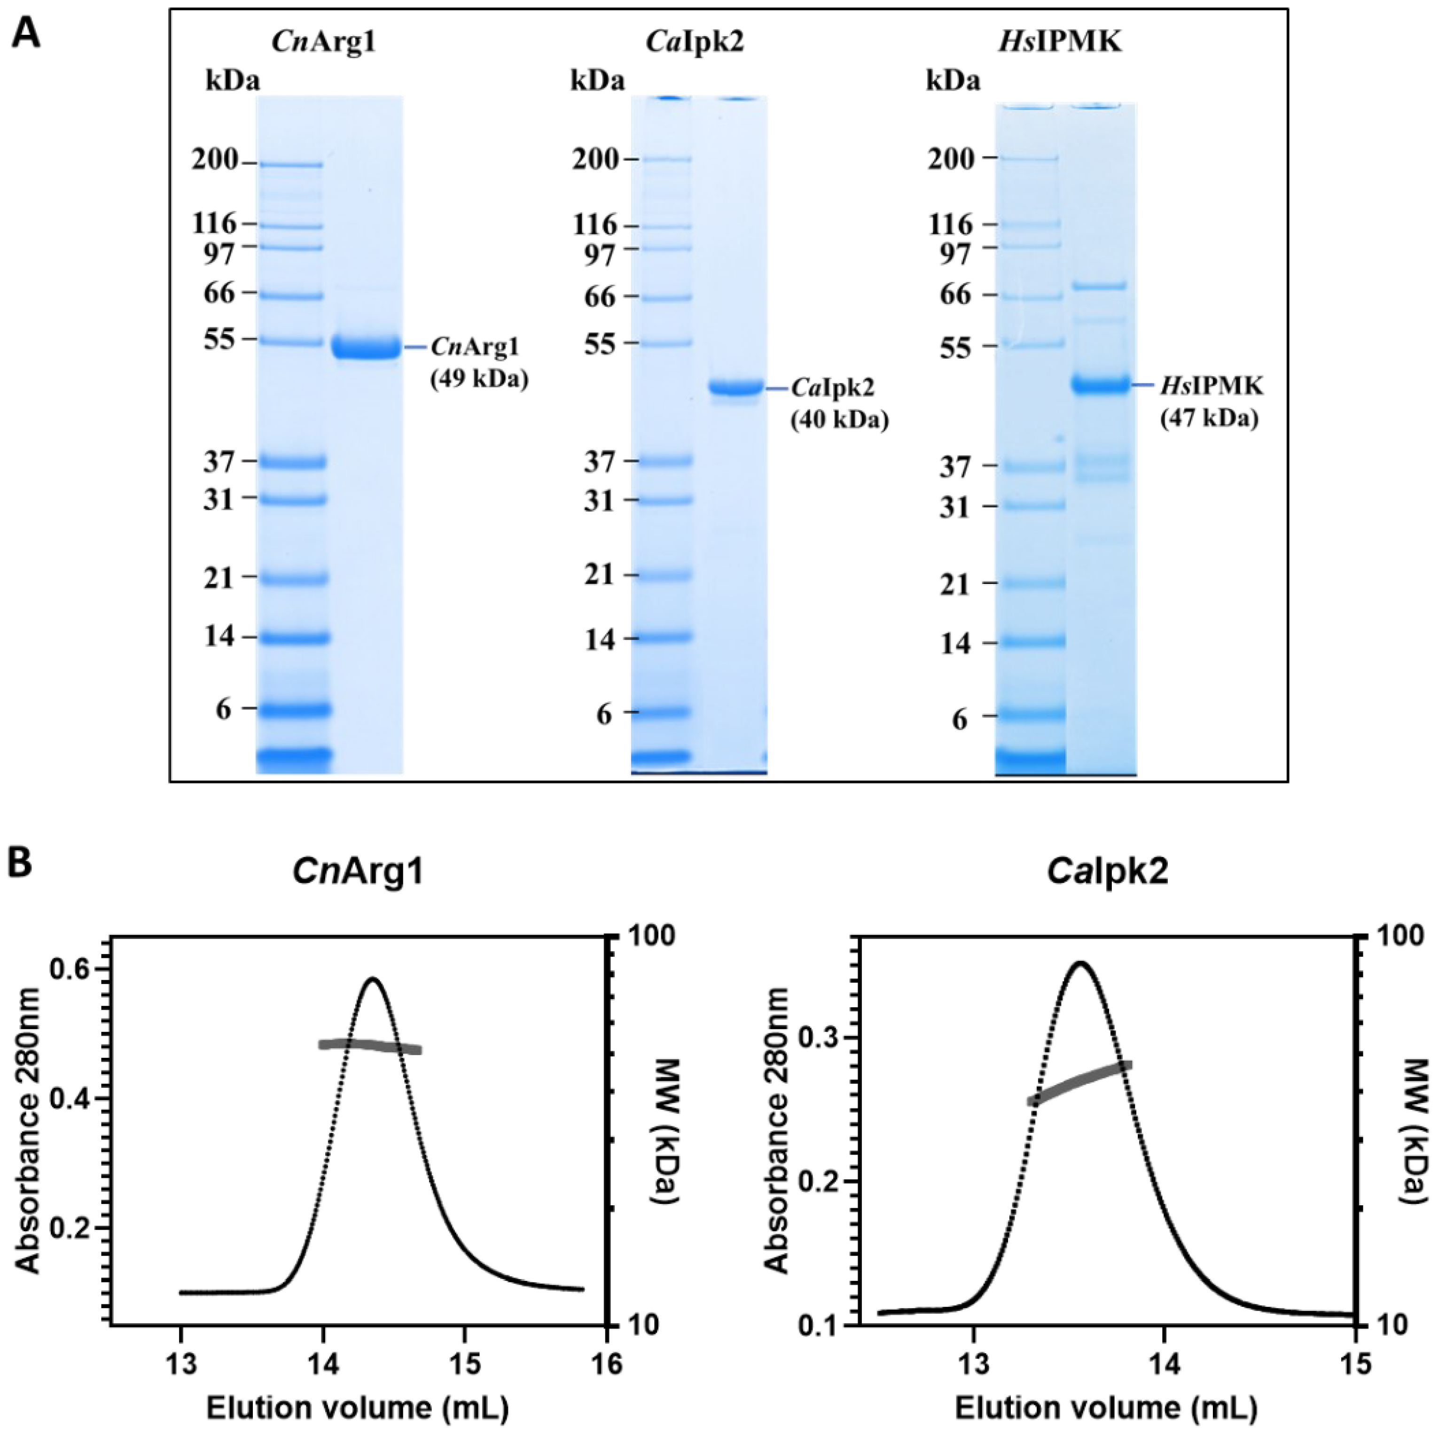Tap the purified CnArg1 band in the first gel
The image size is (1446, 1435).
click(366, 348)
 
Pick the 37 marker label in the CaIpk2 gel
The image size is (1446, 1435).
click(599, 462)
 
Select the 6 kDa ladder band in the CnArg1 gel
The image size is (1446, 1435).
click(293, 708)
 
